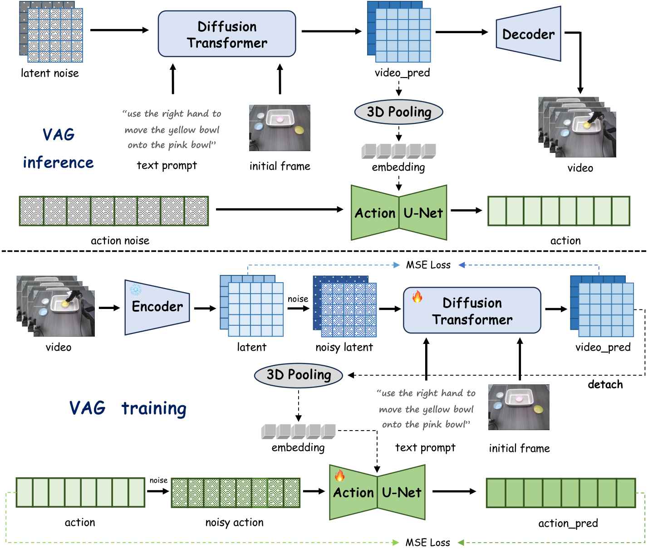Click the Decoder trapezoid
(528, 34)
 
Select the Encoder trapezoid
(157, 307)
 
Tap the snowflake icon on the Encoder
(135, 289)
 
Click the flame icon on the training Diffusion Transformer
(417, 296)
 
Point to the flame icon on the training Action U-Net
(339, 475)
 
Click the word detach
(605, 384)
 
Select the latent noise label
(50, 73)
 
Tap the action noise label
(120, 240)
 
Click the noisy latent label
(344, 348)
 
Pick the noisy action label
(235, 523)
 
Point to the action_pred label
(568, 523)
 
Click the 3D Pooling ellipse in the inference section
(398, 112)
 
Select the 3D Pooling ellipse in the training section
(299, 375)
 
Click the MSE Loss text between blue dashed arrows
(428, 265)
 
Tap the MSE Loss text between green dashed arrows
(427, 542)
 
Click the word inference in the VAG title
(58, 162)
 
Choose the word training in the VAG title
(154, 408)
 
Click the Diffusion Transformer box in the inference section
(226, 34)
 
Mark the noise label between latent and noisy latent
(298, 299)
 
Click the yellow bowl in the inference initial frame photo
(299, 130)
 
